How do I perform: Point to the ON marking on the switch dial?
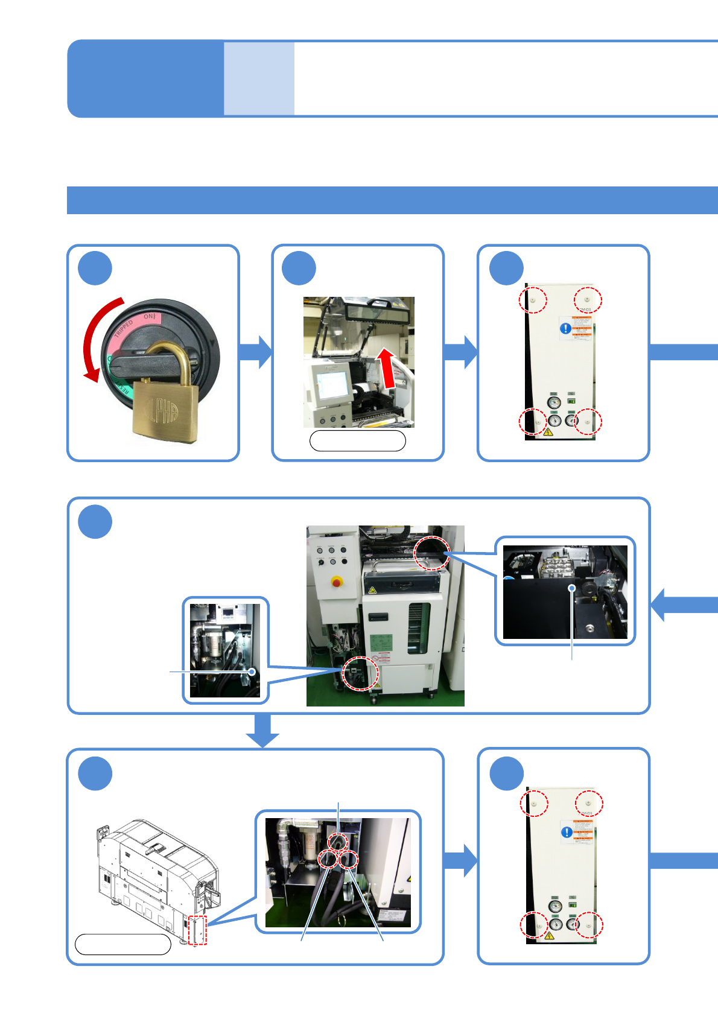pyautogui.click(x=149, y=316)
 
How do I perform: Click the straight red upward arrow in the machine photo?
pyautogui.click(x=387, y=367)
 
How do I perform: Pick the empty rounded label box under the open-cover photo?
pyautogui.click(x=357, y=441)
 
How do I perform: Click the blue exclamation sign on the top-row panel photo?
pyautogui.click(x=565, y=328)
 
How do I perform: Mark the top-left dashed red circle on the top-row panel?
pyautogui.click(x=533, y=300)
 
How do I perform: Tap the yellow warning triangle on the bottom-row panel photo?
pyautogui.click(x=549, y=936)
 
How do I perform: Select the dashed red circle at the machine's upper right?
pyautogui.click(x=432, y=553)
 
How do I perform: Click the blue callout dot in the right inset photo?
pyautogui.click(x=571, y=588)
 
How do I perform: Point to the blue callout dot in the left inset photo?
pyautogui.click(x=252, y=671)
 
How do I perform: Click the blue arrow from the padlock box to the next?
pyautogui.click(x=256, y=352)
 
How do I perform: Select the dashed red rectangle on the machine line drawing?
pyautogui.click(x=197, y=930)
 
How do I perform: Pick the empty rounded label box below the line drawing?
pyautogui.click(x=123, y=944)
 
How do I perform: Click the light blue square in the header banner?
pyautogui.click(x=259, y=78)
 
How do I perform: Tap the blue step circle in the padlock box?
pyautogui.click(x=95, y=268)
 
